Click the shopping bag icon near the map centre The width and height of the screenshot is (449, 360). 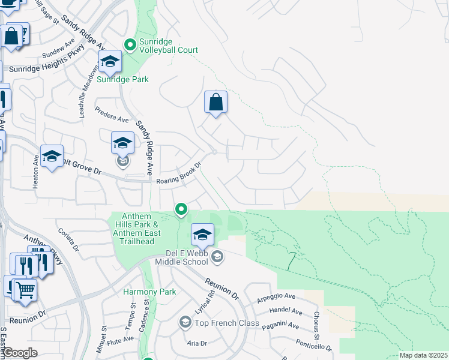click(x=216, y=102)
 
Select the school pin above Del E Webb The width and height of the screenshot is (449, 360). click(x=203, y=234)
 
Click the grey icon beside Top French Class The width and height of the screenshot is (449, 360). click(x=185, y=323)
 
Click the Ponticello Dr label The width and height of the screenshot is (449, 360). click(x=313, y=344)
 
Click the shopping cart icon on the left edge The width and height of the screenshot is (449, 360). click(x=25, y=290)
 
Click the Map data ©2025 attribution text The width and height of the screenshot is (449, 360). click(x=423, y=355)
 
